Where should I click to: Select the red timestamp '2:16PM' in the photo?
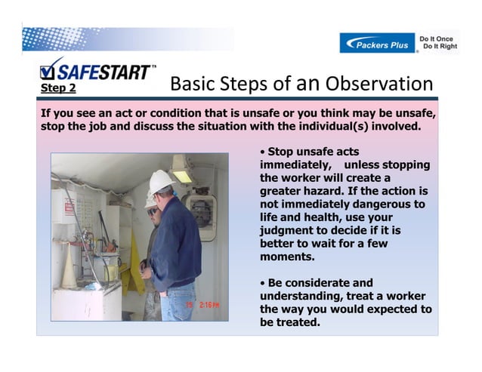click(x=205, y=305)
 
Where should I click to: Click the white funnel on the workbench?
click(x=69, y=268)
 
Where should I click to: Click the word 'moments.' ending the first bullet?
click(x=286, y=257)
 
